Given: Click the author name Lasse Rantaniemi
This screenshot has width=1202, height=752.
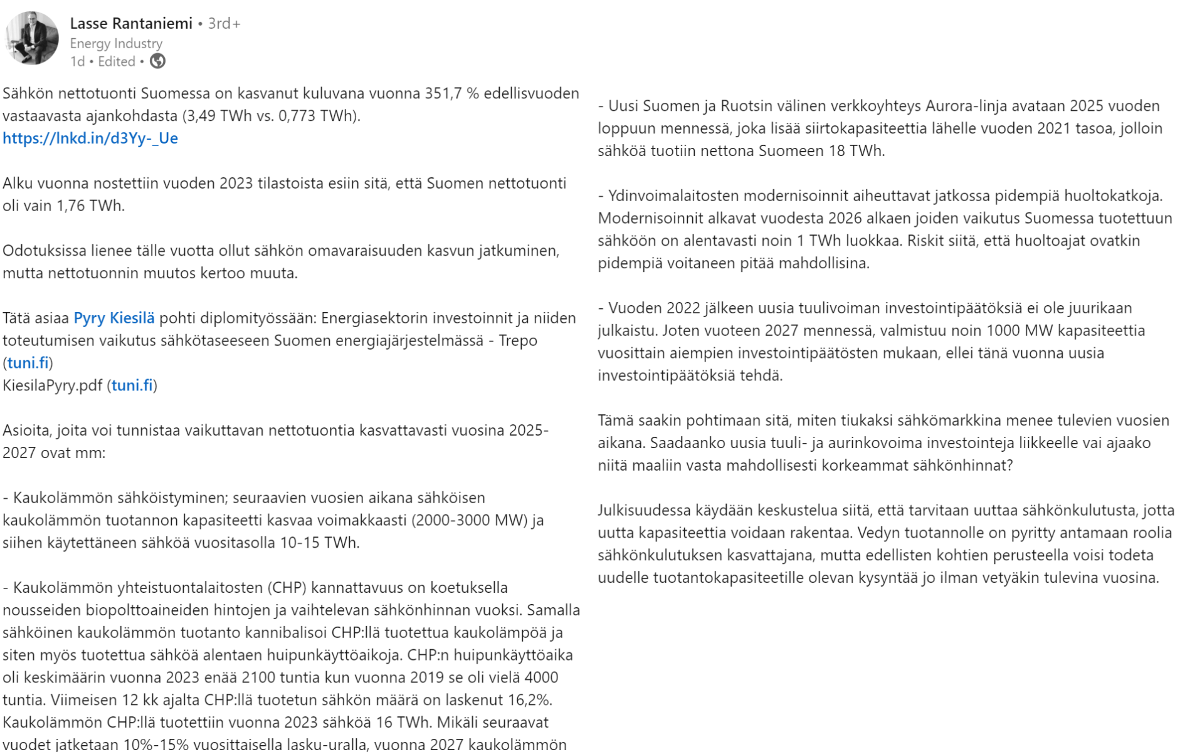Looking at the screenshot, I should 131,24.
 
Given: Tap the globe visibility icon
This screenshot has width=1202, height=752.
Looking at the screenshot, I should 157,61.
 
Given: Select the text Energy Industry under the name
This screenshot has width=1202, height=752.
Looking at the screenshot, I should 116,43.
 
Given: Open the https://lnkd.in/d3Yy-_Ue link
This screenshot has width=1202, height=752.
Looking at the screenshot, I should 90,138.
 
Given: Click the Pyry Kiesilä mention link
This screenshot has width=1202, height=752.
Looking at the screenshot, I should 113,318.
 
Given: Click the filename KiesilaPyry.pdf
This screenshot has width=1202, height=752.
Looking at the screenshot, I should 52,385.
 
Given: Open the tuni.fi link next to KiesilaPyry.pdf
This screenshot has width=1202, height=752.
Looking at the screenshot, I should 132,385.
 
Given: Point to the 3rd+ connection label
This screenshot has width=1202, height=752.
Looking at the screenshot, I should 224,24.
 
